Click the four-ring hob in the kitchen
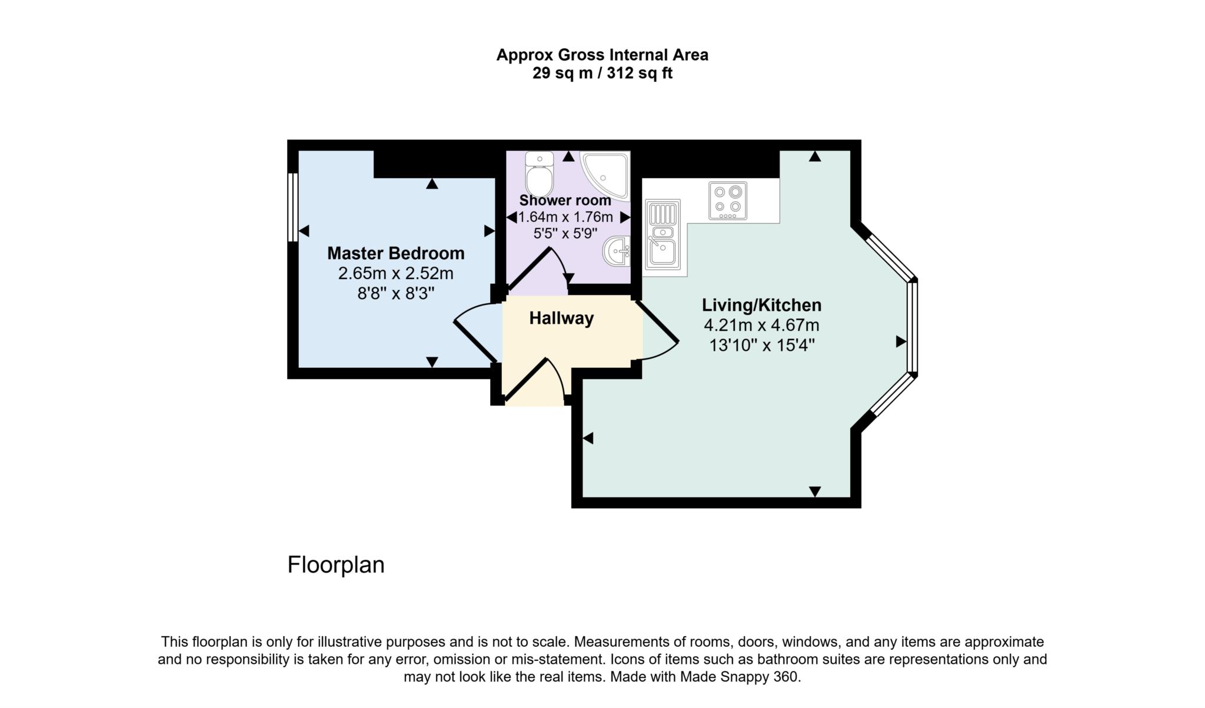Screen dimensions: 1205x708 (x=728, y=200)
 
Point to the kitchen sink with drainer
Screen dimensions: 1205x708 (x=663, y=233)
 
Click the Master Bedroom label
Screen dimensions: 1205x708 (x=396, y=253)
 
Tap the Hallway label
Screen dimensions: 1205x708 (x=561, y=318)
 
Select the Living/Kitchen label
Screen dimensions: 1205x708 (x=761, y=305)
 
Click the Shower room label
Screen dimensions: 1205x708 (x=565, y=200)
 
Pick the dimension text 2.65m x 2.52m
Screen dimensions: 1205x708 (x=396, y=273)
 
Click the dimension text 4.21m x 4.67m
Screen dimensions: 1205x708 (x=761, y=325)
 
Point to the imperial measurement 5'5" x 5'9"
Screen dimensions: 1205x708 (x=565, y=234)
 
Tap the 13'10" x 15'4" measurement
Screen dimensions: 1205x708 (x=762, y=345)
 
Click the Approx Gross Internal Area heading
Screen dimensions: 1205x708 (x=602, y=55)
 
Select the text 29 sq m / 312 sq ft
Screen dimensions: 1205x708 (x=602, y=73)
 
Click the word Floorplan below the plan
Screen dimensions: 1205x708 (x=336, y=565)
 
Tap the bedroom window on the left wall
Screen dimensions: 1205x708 (x=292, y=207)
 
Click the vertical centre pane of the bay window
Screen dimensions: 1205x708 (x=913, y=327)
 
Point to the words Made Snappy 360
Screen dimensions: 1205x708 (x=740, y=677)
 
